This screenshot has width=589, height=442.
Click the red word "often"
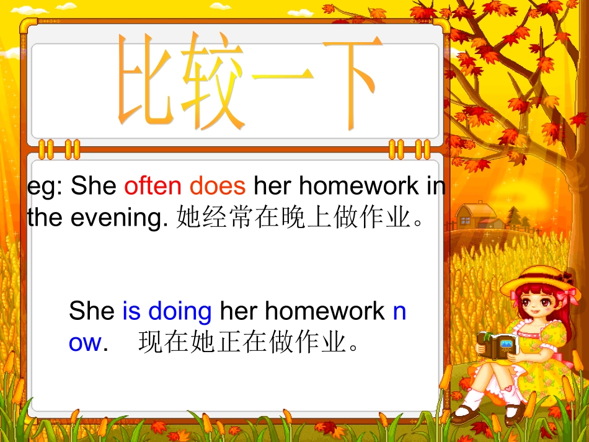(153, 185)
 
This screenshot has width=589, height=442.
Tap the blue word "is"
(131, 311)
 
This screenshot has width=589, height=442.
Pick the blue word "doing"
(180, 312)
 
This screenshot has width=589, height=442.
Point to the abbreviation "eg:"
(45, 187)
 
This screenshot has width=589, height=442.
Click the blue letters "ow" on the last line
(85, 342)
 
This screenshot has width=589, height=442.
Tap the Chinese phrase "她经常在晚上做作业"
(294, 218)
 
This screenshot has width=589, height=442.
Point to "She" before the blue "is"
(92, 311)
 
